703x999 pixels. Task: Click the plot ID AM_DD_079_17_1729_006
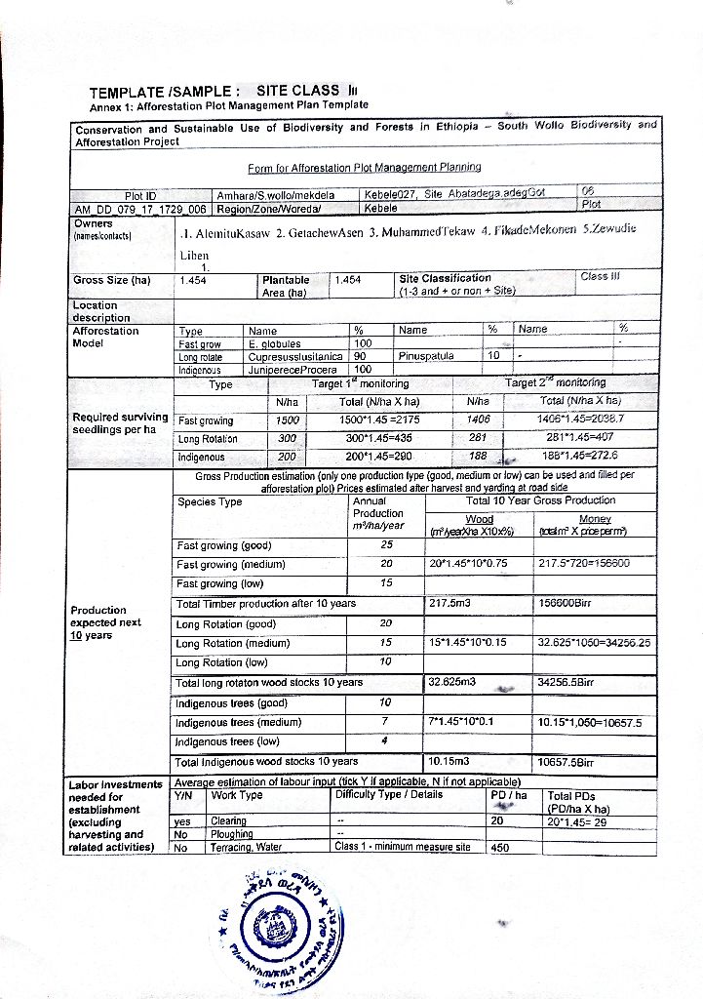(x=140, y=209)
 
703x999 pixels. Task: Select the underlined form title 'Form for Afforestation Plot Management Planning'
(x=364, y=168)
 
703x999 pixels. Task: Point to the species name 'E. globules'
(x=275, y=343)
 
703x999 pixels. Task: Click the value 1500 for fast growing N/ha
(x=288, y=420)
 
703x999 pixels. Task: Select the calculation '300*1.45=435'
(x=377, y=439)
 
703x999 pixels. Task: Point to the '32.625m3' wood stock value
(x=451, y=683)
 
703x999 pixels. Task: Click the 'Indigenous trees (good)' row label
(x=231, y=702)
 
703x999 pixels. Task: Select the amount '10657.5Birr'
(x=566, y=761)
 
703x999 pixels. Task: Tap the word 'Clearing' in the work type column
(x=230, y=821)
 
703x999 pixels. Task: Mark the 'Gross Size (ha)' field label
(x=113, y=280)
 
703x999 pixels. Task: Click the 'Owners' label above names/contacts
(x=95, y=223)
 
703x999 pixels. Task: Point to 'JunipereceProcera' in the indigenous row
(x=292, y=371)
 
